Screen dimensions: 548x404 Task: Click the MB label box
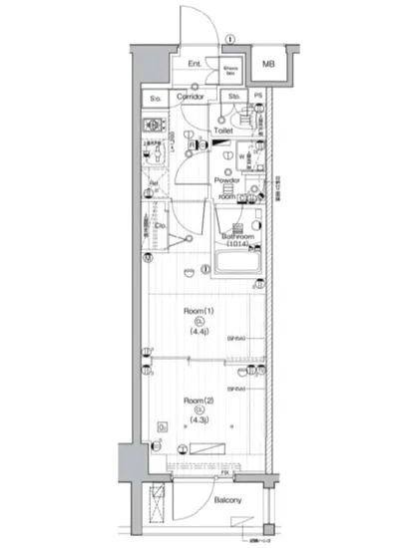(x=268, y=66)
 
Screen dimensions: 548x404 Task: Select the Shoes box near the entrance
(x=229, y=71)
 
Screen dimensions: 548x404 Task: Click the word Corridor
(x=190, y=97)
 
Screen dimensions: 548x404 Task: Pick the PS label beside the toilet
(x=259, y=97)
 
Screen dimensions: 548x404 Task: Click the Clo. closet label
(x=159, y=226)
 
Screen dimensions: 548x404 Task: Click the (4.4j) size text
(x=198, y=332)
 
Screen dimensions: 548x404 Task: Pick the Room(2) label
(x=197, y=400)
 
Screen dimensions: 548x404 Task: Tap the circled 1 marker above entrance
(x=230, y=40)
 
